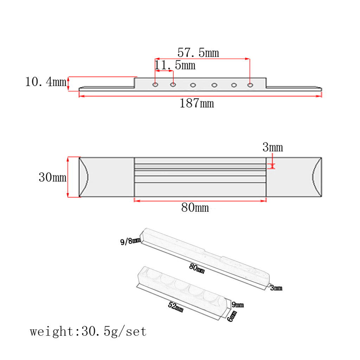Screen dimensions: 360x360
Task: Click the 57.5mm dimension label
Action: coord(198,53)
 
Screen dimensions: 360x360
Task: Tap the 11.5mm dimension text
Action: coord(175,65)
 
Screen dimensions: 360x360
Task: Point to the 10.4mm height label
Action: coord(46,82)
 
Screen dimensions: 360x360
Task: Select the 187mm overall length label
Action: coord(197,103)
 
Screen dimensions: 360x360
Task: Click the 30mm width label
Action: coord(53,177)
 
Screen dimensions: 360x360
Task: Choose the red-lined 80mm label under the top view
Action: coord(195,207)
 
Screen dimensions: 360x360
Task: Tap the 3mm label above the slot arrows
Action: coord(273,147)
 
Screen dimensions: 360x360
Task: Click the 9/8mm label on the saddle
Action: coord(130,241)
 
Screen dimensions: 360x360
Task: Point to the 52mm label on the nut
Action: coord(176,307)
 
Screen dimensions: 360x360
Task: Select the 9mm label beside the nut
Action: coord(238,305)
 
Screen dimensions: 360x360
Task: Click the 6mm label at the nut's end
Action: coord(232,316)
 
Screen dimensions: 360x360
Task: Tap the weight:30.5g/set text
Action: coord(88,332)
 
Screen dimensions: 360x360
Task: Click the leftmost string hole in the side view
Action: coord(155,85)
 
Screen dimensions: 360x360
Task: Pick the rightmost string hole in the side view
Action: coord(250,85)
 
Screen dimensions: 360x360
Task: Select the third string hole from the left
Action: coord(193,85)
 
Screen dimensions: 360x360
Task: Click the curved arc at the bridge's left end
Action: coord(84,177)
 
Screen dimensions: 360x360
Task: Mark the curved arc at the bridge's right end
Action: coord(317,177)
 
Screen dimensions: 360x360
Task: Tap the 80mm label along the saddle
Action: coord(197,268)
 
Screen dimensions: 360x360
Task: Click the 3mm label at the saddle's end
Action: coord(276,288)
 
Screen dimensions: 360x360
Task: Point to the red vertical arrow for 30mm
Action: coord(68,177)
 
